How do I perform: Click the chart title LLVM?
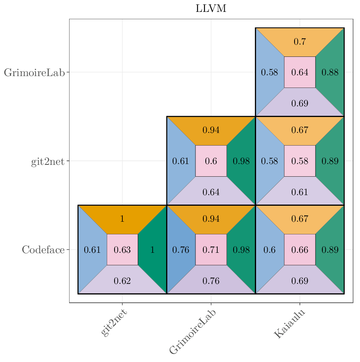pos(211,9)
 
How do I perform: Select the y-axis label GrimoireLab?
pos(34,73)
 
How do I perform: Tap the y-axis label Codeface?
pos(43,250)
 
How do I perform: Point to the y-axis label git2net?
pos(47,162)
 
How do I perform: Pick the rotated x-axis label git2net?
pos(114,323)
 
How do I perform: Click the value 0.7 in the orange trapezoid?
pos(299,42)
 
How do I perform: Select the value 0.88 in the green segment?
pos(330,72)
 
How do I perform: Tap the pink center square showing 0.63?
pos(122,250)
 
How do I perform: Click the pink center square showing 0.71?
pos(211,250)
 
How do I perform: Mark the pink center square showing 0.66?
pos(300,250)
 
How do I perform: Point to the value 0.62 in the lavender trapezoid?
pos(122,281)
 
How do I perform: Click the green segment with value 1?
pos(153,250)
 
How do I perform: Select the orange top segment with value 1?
pos(122,219)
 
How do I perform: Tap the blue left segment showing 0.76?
pos(180,250)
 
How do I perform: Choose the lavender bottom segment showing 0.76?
pos(211,281)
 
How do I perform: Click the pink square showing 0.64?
pos(300,72)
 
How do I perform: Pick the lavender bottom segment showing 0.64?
pos(211,192)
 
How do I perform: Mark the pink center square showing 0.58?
pos(300,161)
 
